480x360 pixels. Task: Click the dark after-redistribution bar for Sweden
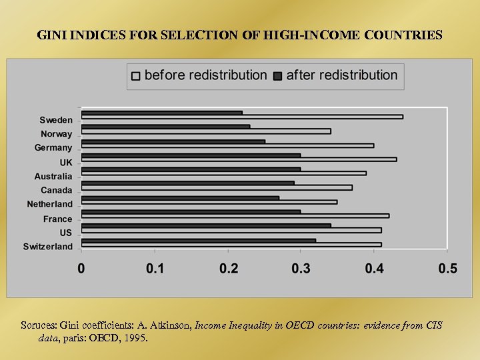161,113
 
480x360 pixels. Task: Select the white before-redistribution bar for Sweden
241,117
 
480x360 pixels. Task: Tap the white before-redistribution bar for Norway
205,131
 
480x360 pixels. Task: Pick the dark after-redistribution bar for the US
205,225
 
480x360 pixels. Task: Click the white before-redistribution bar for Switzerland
231,245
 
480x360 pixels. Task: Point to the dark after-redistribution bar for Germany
173,141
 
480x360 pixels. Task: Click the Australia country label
53,177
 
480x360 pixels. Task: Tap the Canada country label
56,191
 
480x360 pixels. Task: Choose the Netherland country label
49,204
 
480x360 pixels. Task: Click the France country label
57,219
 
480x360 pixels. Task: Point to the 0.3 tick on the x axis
301,269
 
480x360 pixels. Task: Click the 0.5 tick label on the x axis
447,269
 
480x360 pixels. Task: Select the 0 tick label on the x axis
81,269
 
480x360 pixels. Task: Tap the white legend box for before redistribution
136,76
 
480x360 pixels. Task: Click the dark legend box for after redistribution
278,76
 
